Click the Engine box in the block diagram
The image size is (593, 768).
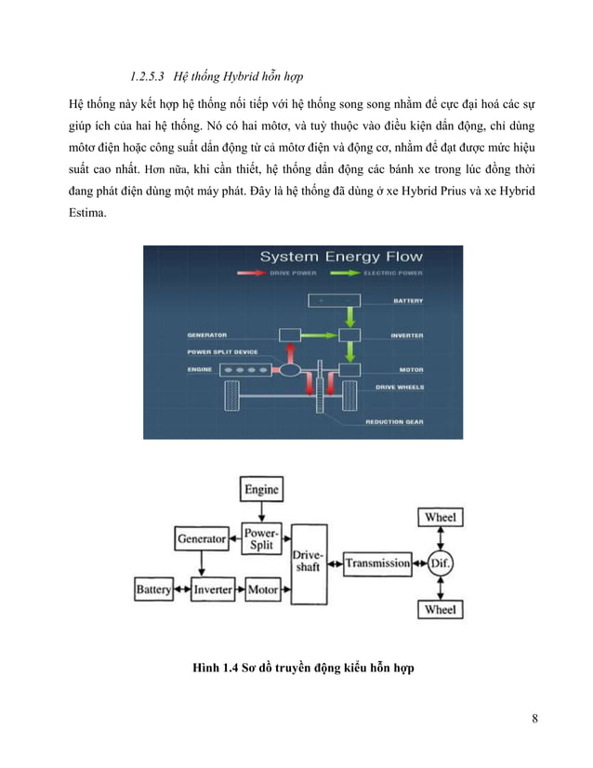click(261, 489)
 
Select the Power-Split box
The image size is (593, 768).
click(261, 539)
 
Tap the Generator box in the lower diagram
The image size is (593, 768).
click(202, 538)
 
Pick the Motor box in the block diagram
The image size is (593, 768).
click(263, 589)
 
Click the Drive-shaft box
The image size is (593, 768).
click(309, 562)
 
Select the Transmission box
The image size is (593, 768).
click(377, 563)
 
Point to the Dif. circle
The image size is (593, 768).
click(440, 563)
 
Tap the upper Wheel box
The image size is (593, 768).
click(441, 517)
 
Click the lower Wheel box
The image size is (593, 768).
click(441, 609)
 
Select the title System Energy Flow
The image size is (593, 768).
click(340, 257)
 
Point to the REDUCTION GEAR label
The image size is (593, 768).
click(395, 421)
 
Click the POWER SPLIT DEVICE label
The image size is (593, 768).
click(222, 351)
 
